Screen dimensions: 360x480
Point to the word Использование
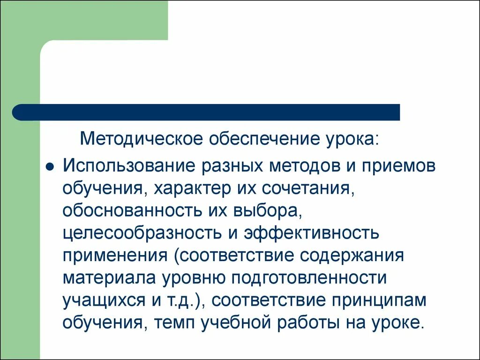(129, 167)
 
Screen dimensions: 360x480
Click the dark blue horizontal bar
(206, 112)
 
